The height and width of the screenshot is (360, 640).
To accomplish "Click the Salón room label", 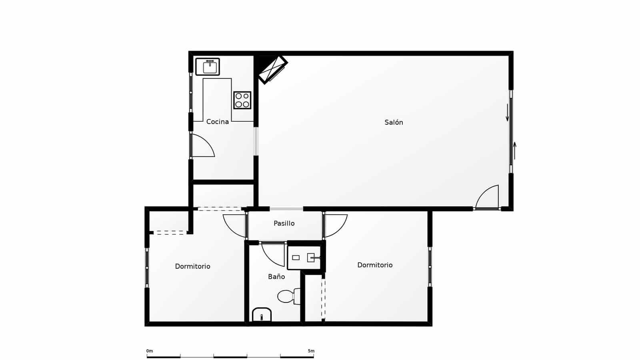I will [394, 122].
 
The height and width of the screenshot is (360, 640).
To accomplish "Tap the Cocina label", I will [217, 122].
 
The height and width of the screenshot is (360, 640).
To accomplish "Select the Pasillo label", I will [284, 223].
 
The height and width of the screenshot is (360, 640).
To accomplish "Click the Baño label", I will [276, 276].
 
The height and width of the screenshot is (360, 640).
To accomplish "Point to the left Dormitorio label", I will [192, 266].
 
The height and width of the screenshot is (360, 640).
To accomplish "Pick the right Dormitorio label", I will [375, 265].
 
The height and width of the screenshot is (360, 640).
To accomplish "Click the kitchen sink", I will [208, 67].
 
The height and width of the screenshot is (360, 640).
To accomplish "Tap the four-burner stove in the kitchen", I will [242, 100].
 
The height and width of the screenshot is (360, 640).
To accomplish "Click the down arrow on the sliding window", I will [507, 113].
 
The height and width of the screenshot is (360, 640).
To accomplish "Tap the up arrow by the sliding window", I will [515, 150].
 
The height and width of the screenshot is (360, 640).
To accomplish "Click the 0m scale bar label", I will [149, 351].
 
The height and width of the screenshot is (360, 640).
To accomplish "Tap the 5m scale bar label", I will [311, 351].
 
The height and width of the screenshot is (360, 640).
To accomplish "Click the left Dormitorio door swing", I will [234, 225].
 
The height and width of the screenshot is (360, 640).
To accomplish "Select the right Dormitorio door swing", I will [335, 225].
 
